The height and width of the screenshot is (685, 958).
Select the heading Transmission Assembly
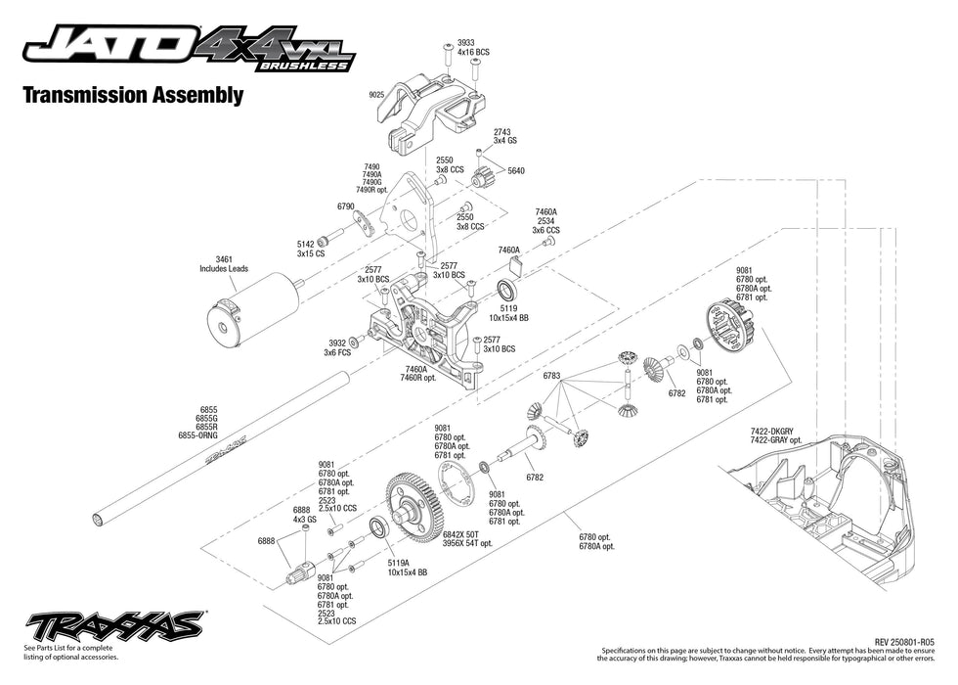[131, 95]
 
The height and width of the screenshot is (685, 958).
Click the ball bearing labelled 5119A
[379, 529]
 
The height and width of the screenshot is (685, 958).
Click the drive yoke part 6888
[300, 571]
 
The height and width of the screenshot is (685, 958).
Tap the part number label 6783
[552, 376]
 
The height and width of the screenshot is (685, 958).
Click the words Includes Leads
[224, 267]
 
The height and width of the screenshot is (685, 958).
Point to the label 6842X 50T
[466, 534]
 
